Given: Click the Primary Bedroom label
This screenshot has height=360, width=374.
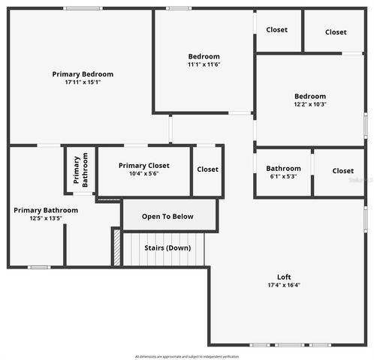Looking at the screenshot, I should [x=83, y=74].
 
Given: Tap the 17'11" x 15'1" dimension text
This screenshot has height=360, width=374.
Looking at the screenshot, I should [x=83, y=82].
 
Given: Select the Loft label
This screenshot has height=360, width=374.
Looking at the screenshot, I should [x=284, y=277].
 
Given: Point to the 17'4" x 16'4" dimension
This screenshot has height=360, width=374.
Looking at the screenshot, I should [x=284, y=286].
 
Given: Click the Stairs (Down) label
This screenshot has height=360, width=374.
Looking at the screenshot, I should [x=167, y=248].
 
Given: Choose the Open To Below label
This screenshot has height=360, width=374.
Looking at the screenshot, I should [x=167, y=217].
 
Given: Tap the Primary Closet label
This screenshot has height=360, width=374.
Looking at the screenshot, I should [x=143, y=166].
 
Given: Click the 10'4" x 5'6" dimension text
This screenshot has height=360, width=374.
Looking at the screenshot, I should [x=143, y=174].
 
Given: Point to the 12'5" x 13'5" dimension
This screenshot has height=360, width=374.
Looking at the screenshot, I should [x=45, y=219].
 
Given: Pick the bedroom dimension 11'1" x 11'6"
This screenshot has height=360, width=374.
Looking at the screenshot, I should [x=204, y=64].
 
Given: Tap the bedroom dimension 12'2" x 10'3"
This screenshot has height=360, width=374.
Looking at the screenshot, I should [x=309, y=104].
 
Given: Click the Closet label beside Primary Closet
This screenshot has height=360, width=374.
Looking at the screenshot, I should [x=207, y=169].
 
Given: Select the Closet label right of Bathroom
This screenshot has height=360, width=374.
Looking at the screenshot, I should [x=342, y=171].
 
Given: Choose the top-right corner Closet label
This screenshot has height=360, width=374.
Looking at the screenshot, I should [x=336, y=32].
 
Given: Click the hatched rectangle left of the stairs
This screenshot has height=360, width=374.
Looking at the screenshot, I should [x=116, y=247].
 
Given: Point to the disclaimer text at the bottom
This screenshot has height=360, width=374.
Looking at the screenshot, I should [x=187, y=355].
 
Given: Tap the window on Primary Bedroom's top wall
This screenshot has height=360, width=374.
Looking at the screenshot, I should [x=83, y=8].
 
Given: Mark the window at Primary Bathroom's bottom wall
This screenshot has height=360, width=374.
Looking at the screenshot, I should [x=39, y=267].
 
